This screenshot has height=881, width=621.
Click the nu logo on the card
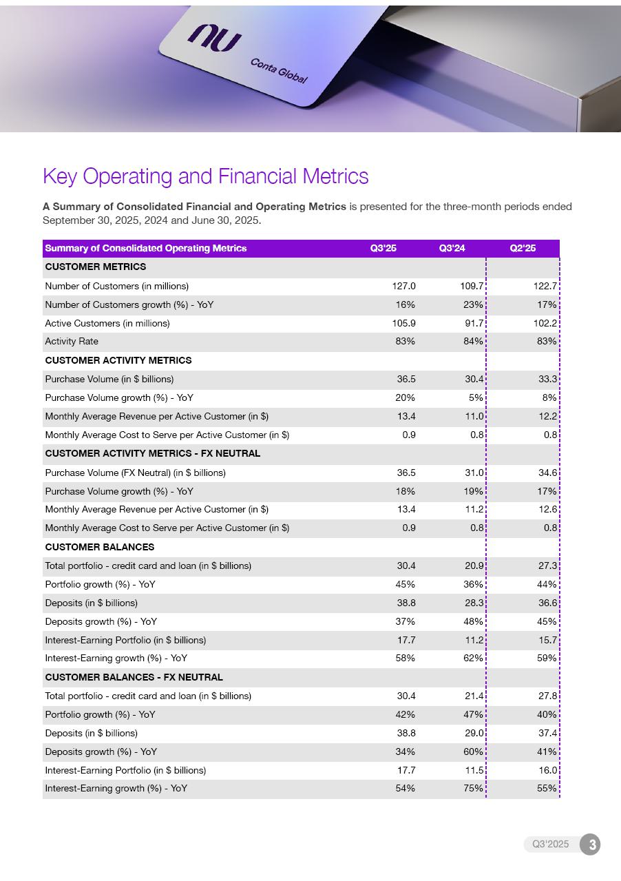(x=214, y=38)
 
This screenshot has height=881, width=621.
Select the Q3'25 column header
(x=383, y=248)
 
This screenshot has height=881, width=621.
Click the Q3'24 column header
(x=452, y=248)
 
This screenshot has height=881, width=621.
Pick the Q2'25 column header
(x=523, y=248)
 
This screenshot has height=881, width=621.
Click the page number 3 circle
(x=589, y=844)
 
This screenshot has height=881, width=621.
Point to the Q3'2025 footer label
(x=550, y=844)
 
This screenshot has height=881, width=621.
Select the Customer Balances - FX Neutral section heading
(x=134, y=677)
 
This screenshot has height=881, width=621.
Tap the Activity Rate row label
(x=72, y=342)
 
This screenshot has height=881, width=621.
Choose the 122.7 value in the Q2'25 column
(x=545, y=286)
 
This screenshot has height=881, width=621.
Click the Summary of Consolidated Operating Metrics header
(x=145, y=248)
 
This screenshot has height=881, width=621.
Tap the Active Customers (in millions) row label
(x=107, y=323)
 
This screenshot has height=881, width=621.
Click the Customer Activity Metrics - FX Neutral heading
(x=152, y=453)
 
